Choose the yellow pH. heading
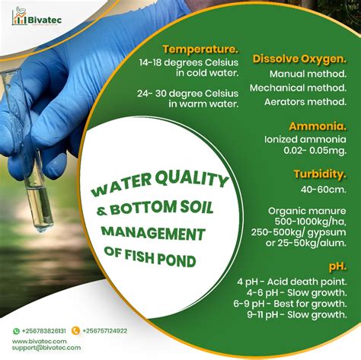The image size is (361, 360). tap(338, 266)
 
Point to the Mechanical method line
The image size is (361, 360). tap(308, 88)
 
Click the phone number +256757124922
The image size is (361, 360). tap(104, 331)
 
